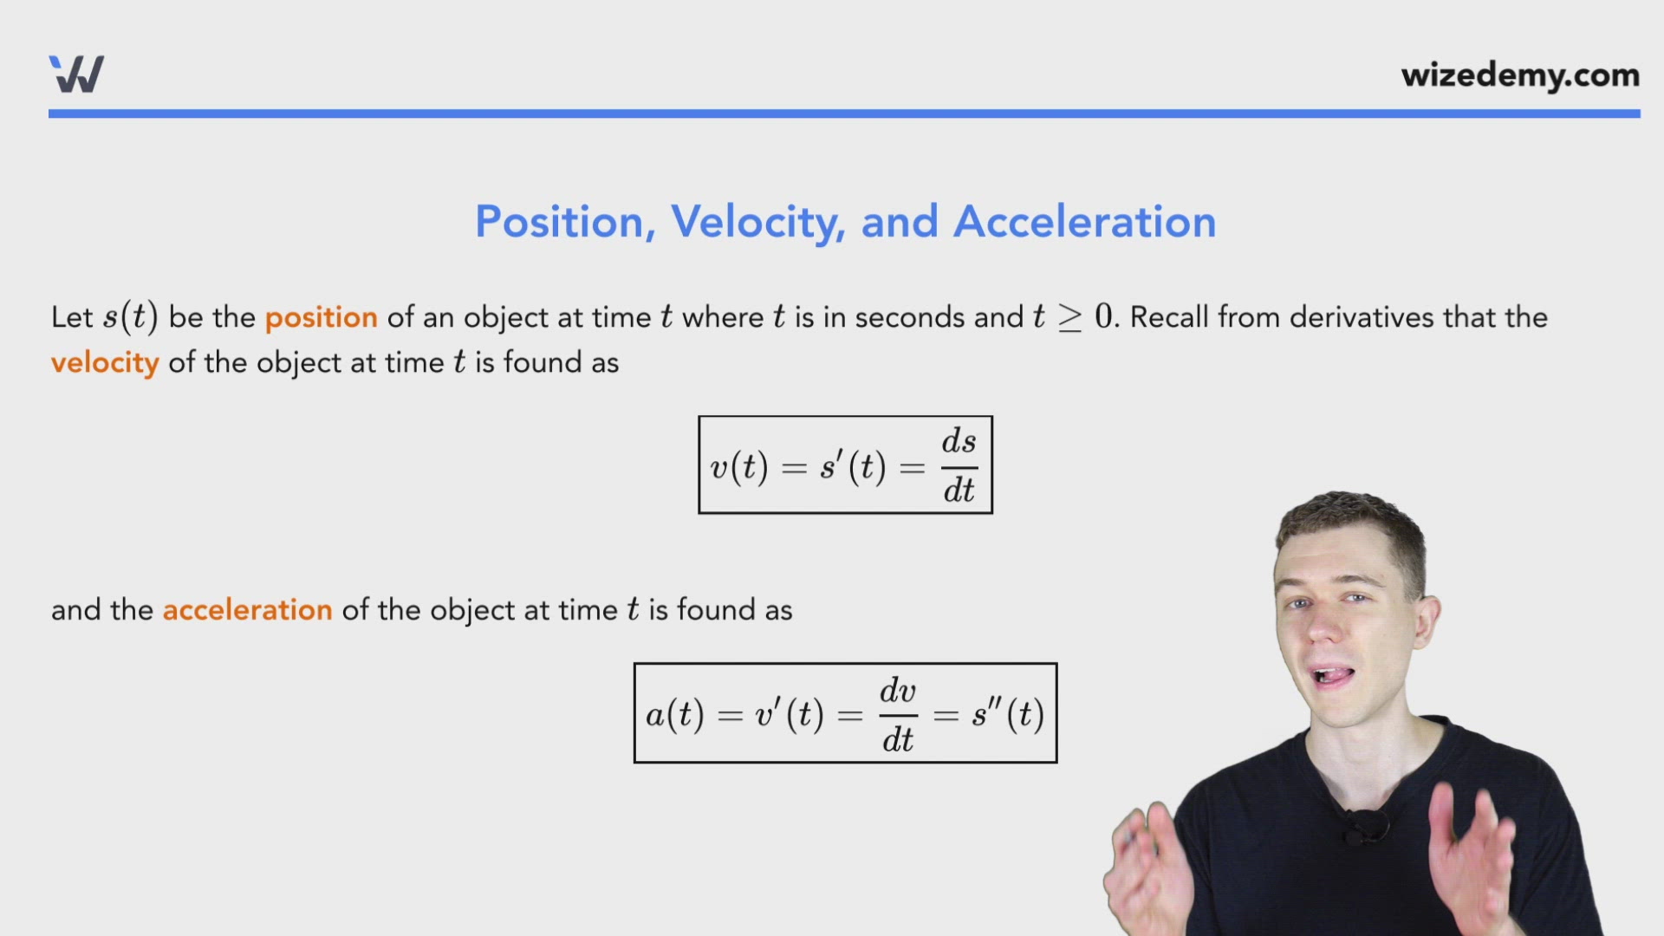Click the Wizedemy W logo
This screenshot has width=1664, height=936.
76,74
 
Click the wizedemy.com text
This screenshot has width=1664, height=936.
1520,75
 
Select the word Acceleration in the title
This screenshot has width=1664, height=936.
1084,222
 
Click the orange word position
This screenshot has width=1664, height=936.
321,317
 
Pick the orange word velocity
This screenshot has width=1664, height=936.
105,363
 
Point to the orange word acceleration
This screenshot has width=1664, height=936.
247,610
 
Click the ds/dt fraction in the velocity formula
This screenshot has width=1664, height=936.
959,465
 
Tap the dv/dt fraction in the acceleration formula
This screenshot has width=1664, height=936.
898,715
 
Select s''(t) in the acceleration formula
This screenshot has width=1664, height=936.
1008,715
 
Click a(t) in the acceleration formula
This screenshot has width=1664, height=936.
674,715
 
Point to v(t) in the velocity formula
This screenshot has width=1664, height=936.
738,468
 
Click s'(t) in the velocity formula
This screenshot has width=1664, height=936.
853,467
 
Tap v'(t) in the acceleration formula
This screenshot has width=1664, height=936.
789,715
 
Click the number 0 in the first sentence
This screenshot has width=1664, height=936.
1102,316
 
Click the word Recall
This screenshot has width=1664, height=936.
1169,317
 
